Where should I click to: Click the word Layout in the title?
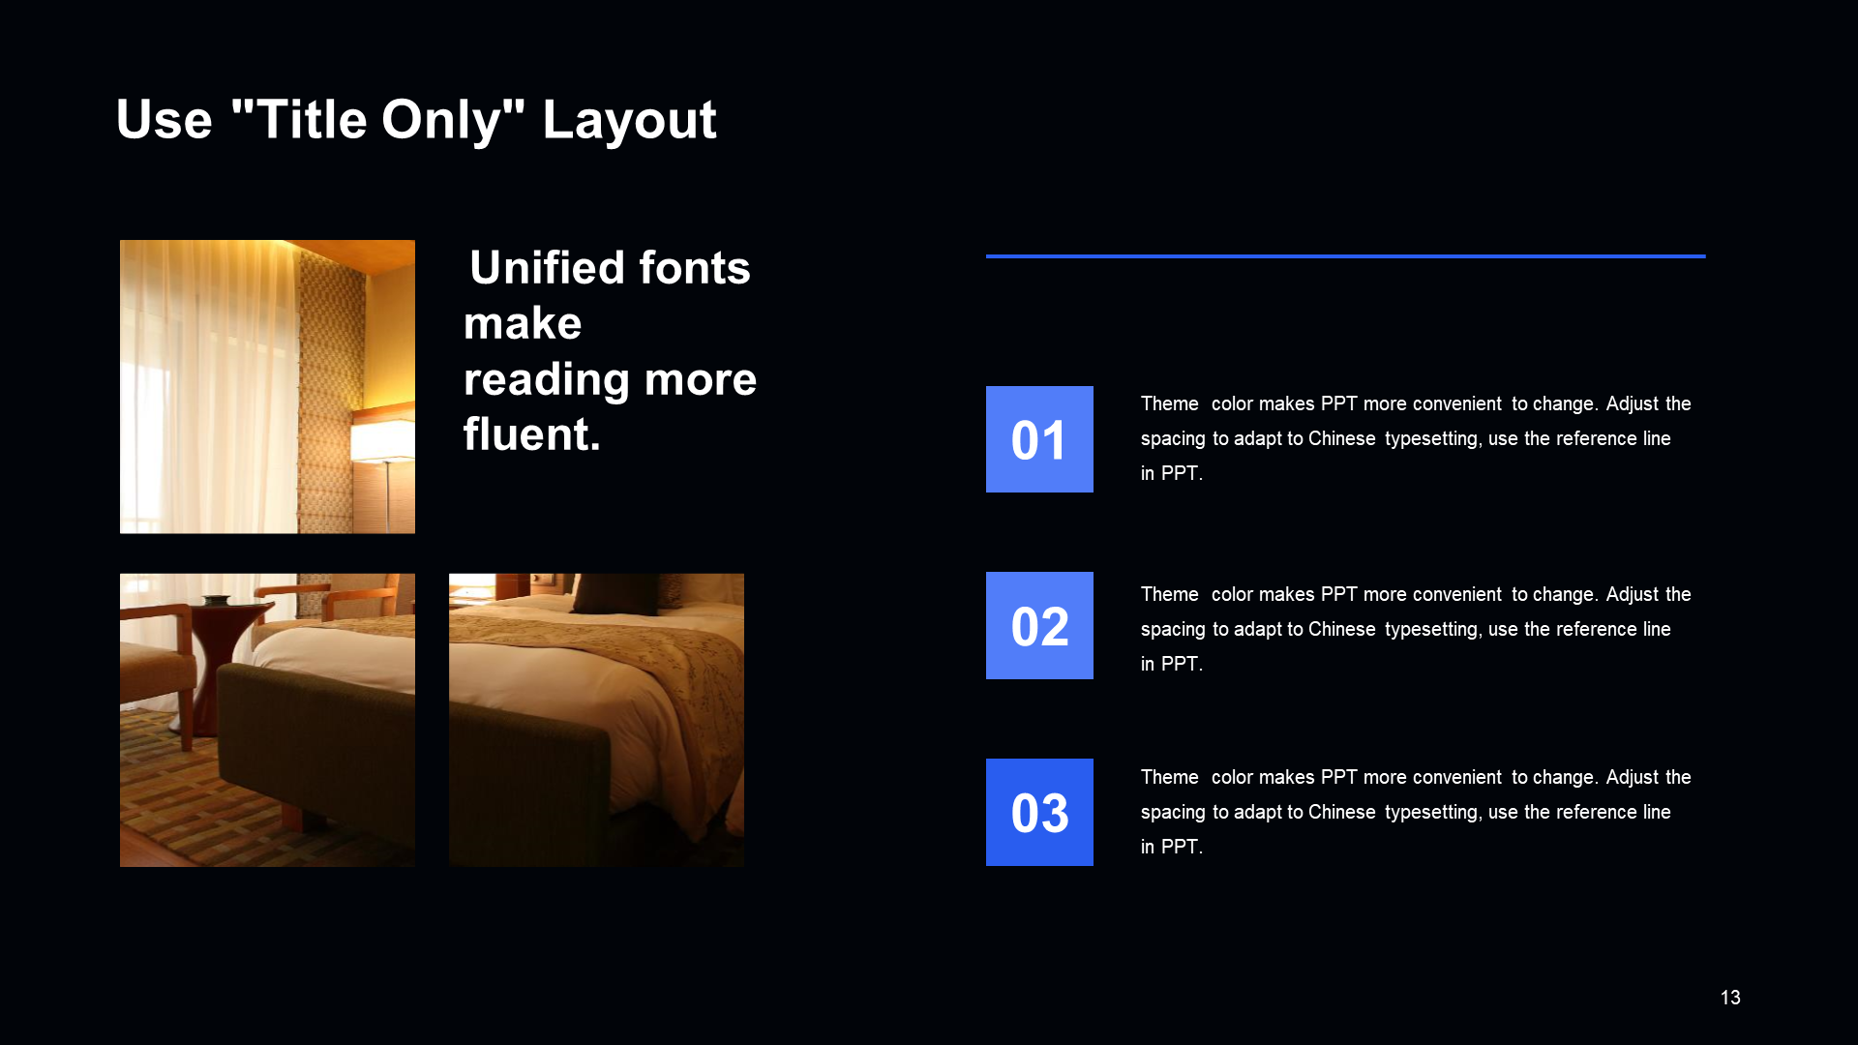tap(629, 121)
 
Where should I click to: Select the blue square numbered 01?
tap(1039, 439)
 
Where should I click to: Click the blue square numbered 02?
tap(1039, 625)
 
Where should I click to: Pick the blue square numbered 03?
tap(1039, 812)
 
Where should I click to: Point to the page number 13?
tap(1730, 998)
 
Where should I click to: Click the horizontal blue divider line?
tap(1346, 256)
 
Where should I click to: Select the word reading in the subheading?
tap(547, 380)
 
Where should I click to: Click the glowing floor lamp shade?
tap(382, 439)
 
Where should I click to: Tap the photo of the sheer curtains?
tap(267, 386)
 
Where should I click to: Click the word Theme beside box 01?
tap(1169, 403)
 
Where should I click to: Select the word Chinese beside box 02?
tap(1341, 629)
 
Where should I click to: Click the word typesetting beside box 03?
tap(1432, 813)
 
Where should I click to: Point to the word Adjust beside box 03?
tap(1633, 778)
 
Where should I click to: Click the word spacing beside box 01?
tap(1173, 439)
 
